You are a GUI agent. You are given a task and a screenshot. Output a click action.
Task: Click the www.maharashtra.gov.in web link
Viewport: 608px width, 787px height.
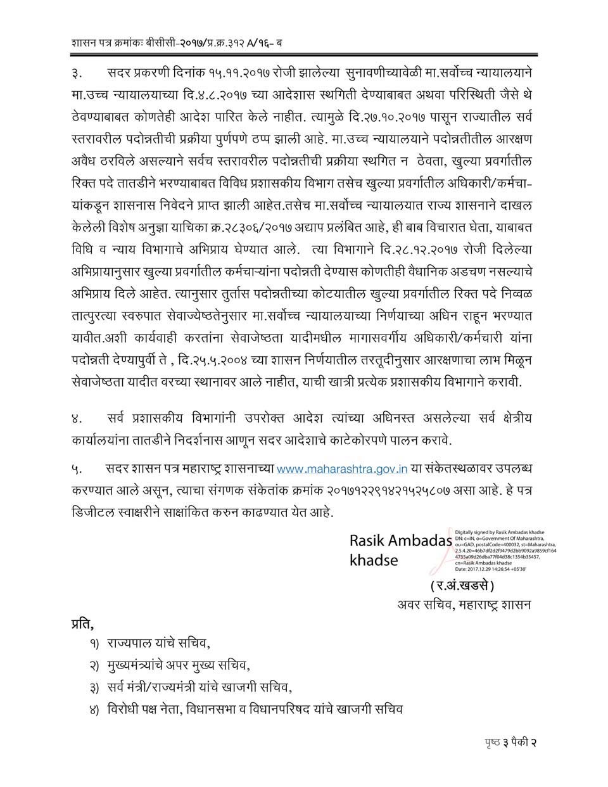[x=342, y=470]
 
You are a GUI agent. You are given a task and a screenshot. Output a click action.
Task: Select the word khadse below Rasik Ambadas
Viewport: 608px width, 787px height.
[x=374, y=561]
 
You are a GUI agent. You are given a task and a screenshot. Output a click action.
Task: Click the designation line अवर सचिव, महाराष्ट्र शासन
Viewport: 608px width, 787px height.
[x=464, y=604]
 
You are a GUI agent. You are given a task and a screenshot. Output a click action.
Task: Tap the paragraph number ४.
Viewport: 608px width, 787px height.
[x=77, y=419]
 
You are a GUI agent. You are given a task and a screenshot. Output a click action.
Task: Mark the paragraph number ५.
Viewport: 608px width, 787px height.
[x=77, y=470]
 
